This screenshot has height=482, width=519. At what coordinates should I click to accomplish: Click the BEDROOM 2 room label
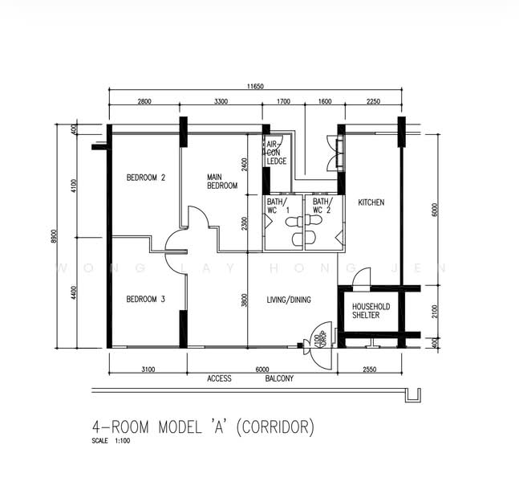[x=146, y=178]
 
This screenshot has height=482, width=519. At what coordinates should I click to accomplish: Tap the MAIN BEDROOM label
[x=222, y=182]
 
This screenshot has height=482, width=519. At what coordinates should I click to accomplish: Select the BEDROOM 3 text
[x=146, y=300]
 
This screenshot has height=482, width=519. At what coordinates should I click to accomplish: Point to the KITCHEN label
[x=371, y=202]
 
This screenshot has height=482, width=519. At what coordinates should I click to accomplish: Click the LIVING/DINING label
[x=289, y=300]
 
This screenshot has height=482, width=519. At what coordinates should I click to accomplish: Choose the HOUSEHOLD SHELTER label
[x=371, y=311]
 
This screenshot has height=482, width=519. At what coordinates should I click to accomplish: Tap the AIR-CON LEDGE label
[x=276, y=153]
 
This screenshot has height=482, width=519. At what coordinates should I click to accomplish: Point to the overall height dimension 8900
[x=55, y=237]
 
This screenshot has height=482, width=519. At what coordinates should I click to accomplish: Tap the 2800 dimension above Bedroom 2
[x=144, y=103]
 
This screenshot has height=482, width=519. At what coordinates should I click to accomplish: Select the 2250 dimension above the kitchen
[x=373, y=103]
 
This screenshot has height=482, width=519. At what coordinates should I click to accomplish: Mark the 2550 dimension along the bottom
[x=369, y=369]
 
